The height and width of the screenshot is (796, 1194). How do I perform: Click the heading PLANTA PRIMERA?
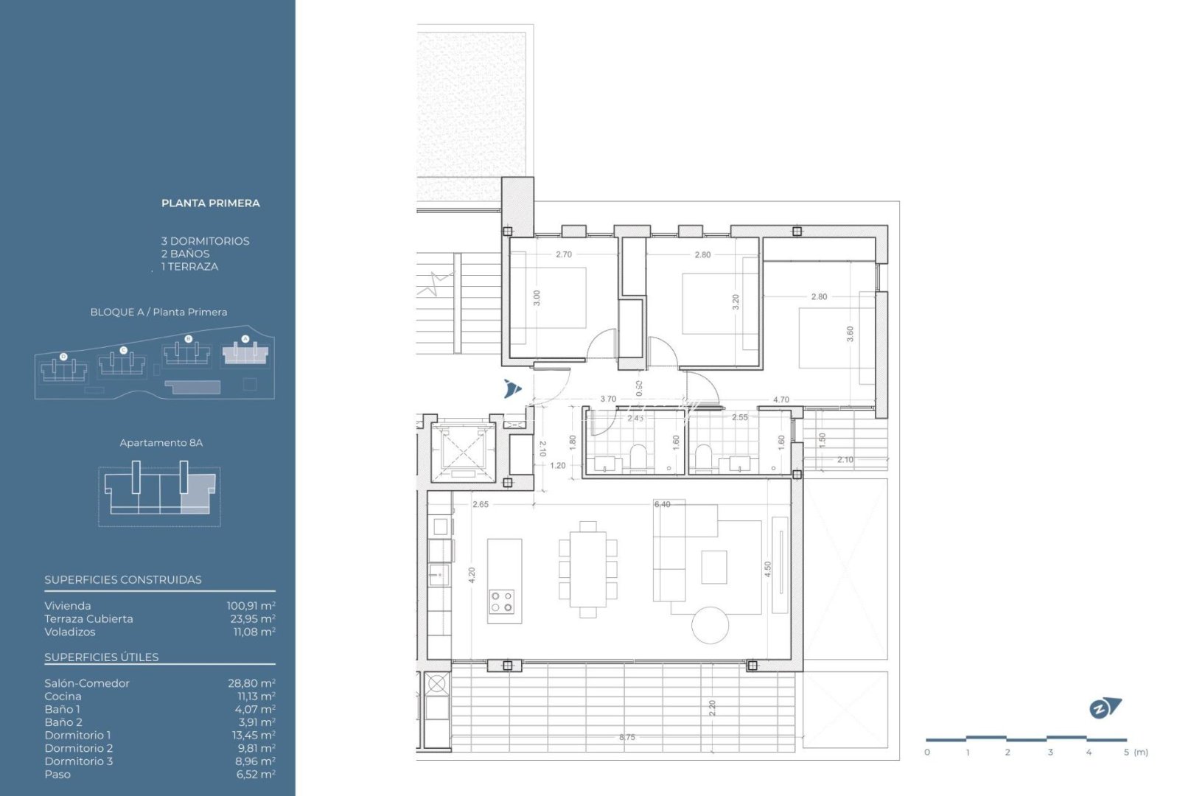[x=210, y=203]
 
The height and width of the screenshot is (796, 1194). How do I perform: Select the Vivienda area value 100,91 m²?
[x=251, y=606]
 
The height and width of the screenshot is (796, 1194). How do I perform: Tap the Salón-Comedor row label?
[x=87, y=683]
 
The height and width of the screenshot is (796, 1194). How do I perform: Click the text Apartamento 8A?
[x=161, y=443]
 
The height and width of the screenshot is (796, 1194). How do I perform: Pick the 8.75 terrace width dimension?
[x=627, y=737]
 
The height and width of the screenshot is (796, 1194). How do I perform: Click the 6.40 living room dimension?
[x=662, y=505]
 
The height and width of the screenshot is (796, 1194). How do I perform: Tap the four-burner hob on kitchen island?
[x=502, y=602]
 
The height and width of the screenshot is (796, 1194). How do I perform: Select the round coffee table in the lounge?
[x=710, y=625]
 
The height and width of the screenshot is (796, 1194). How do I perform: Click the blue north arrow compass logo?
[x=1105, y=708]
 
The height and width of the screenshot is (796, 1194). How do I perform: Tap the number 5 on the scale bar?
[x=1126, y=753]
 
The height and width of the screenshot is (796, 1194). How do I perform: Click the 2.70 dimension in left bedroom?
[x=563, y=255]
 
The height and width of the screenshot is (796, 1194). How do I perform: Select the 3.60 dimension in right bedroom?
[x=850, y=334]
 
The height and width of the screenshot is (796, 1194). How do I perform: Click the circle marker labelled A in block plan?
[x=245, y=340]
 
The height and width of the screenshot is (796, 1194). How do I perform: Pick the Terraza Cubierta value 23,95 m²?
[x=252, y=619]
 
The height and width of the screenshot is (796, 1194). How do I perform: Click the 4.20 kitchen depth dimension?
[x=472, y=575]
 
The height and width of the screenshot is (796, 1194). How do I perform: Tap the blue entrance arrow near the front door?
[x=512, y=388]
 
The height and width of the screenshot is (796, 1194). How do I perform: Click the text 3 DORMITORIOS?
[x=205, y=241]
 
